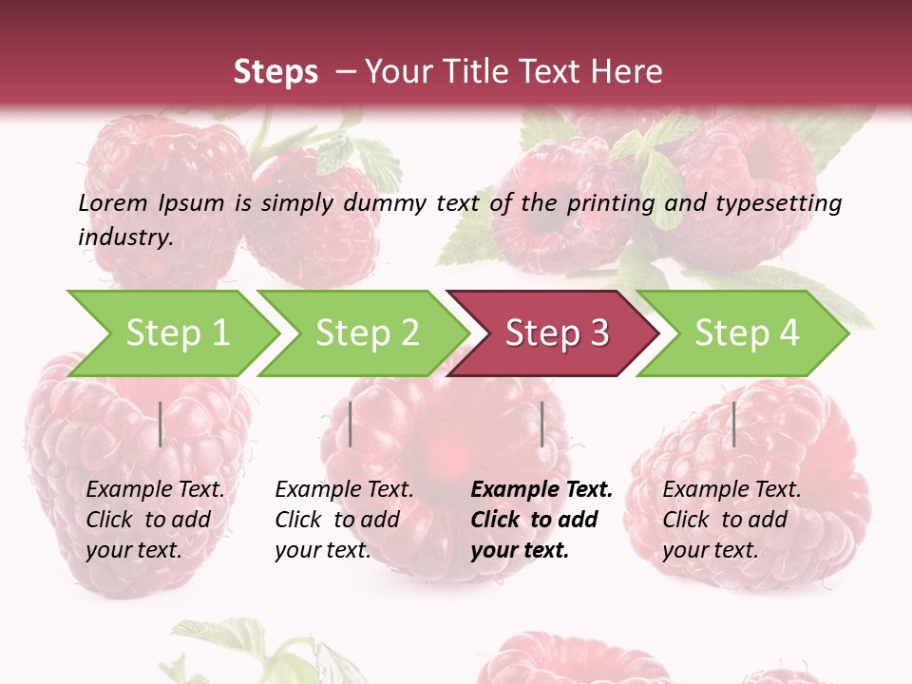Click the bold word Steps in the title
(275, 72)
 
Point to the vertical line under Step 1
(161, 424)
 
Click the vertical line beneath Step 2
(351, 424)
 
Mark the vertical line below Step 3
(541, 424)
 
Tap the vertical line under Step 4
(733, 424)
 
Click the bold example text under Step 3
(541, 520)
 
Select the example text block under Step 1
(155, 520)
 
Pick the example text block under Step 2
(344, 520)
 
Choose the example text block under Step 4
(731, 520)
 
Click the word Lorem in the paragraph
(113, 202)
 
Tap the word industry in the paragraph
(124, 237)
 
